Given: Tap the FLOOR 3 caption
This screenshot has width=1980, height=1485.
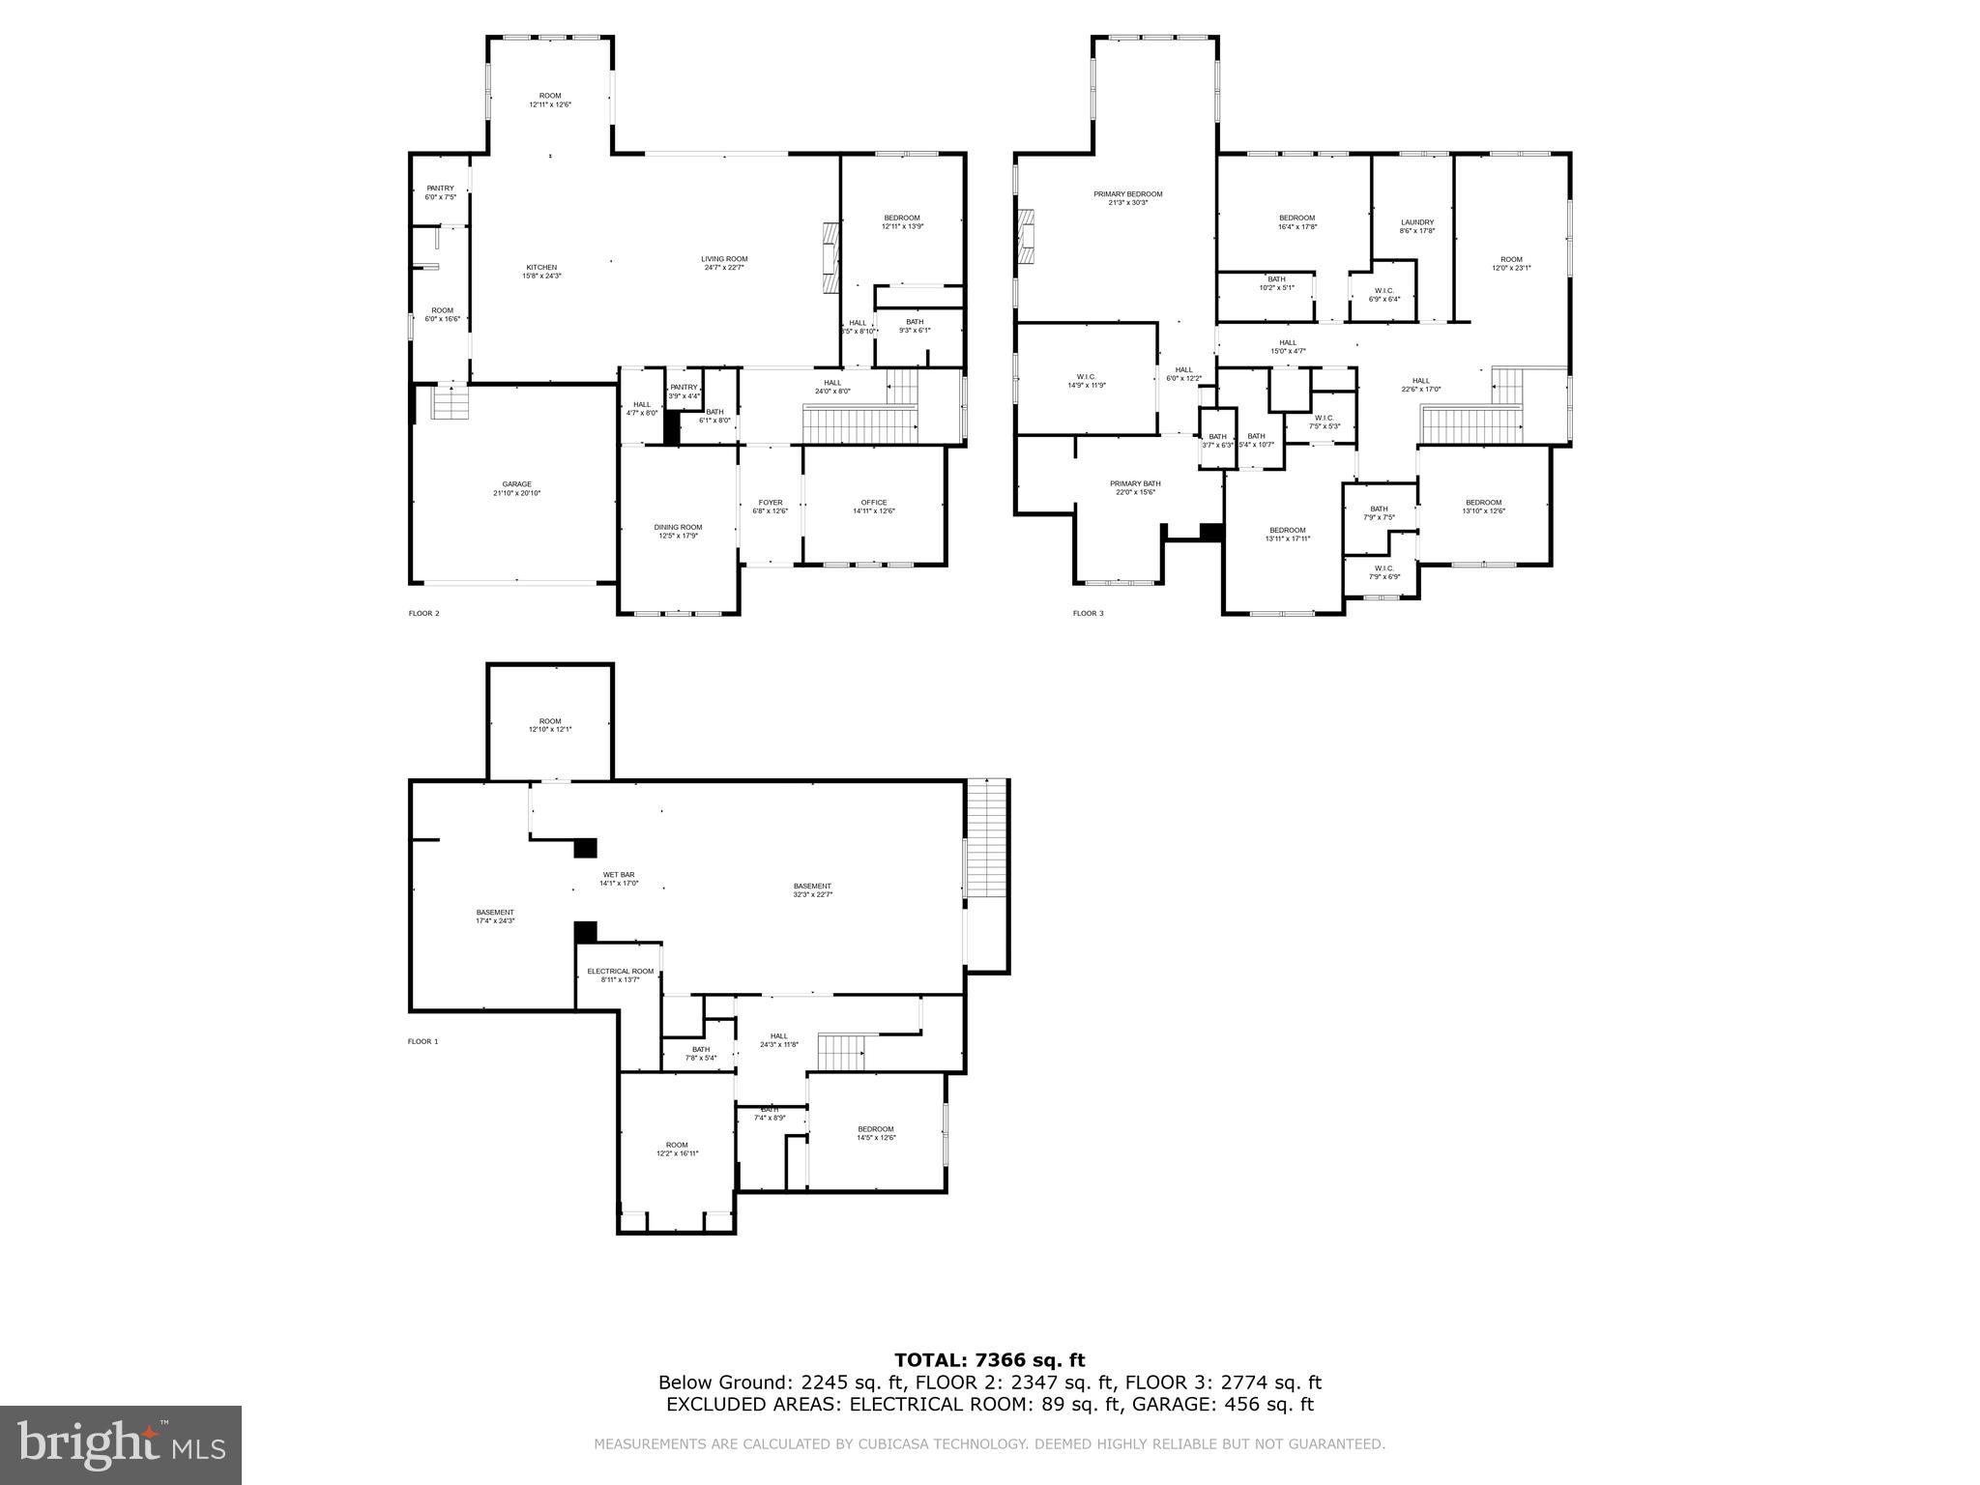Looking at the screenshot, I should click(x=1088, y=613).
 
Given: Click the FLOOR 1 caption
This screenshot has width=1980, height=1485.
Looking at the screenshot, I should click(x=423, y=1041).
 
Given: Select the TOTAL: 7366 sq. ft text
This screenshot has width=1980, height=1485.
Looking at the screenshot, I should click(x=989, y=1360).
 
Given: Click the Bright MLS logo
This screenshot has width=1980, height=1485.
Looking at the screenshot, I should click(x=121, y=1445).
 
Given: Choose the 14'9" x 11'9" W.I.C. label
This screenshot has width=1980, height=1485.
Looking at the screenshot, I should click(x=1085, y=381).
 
